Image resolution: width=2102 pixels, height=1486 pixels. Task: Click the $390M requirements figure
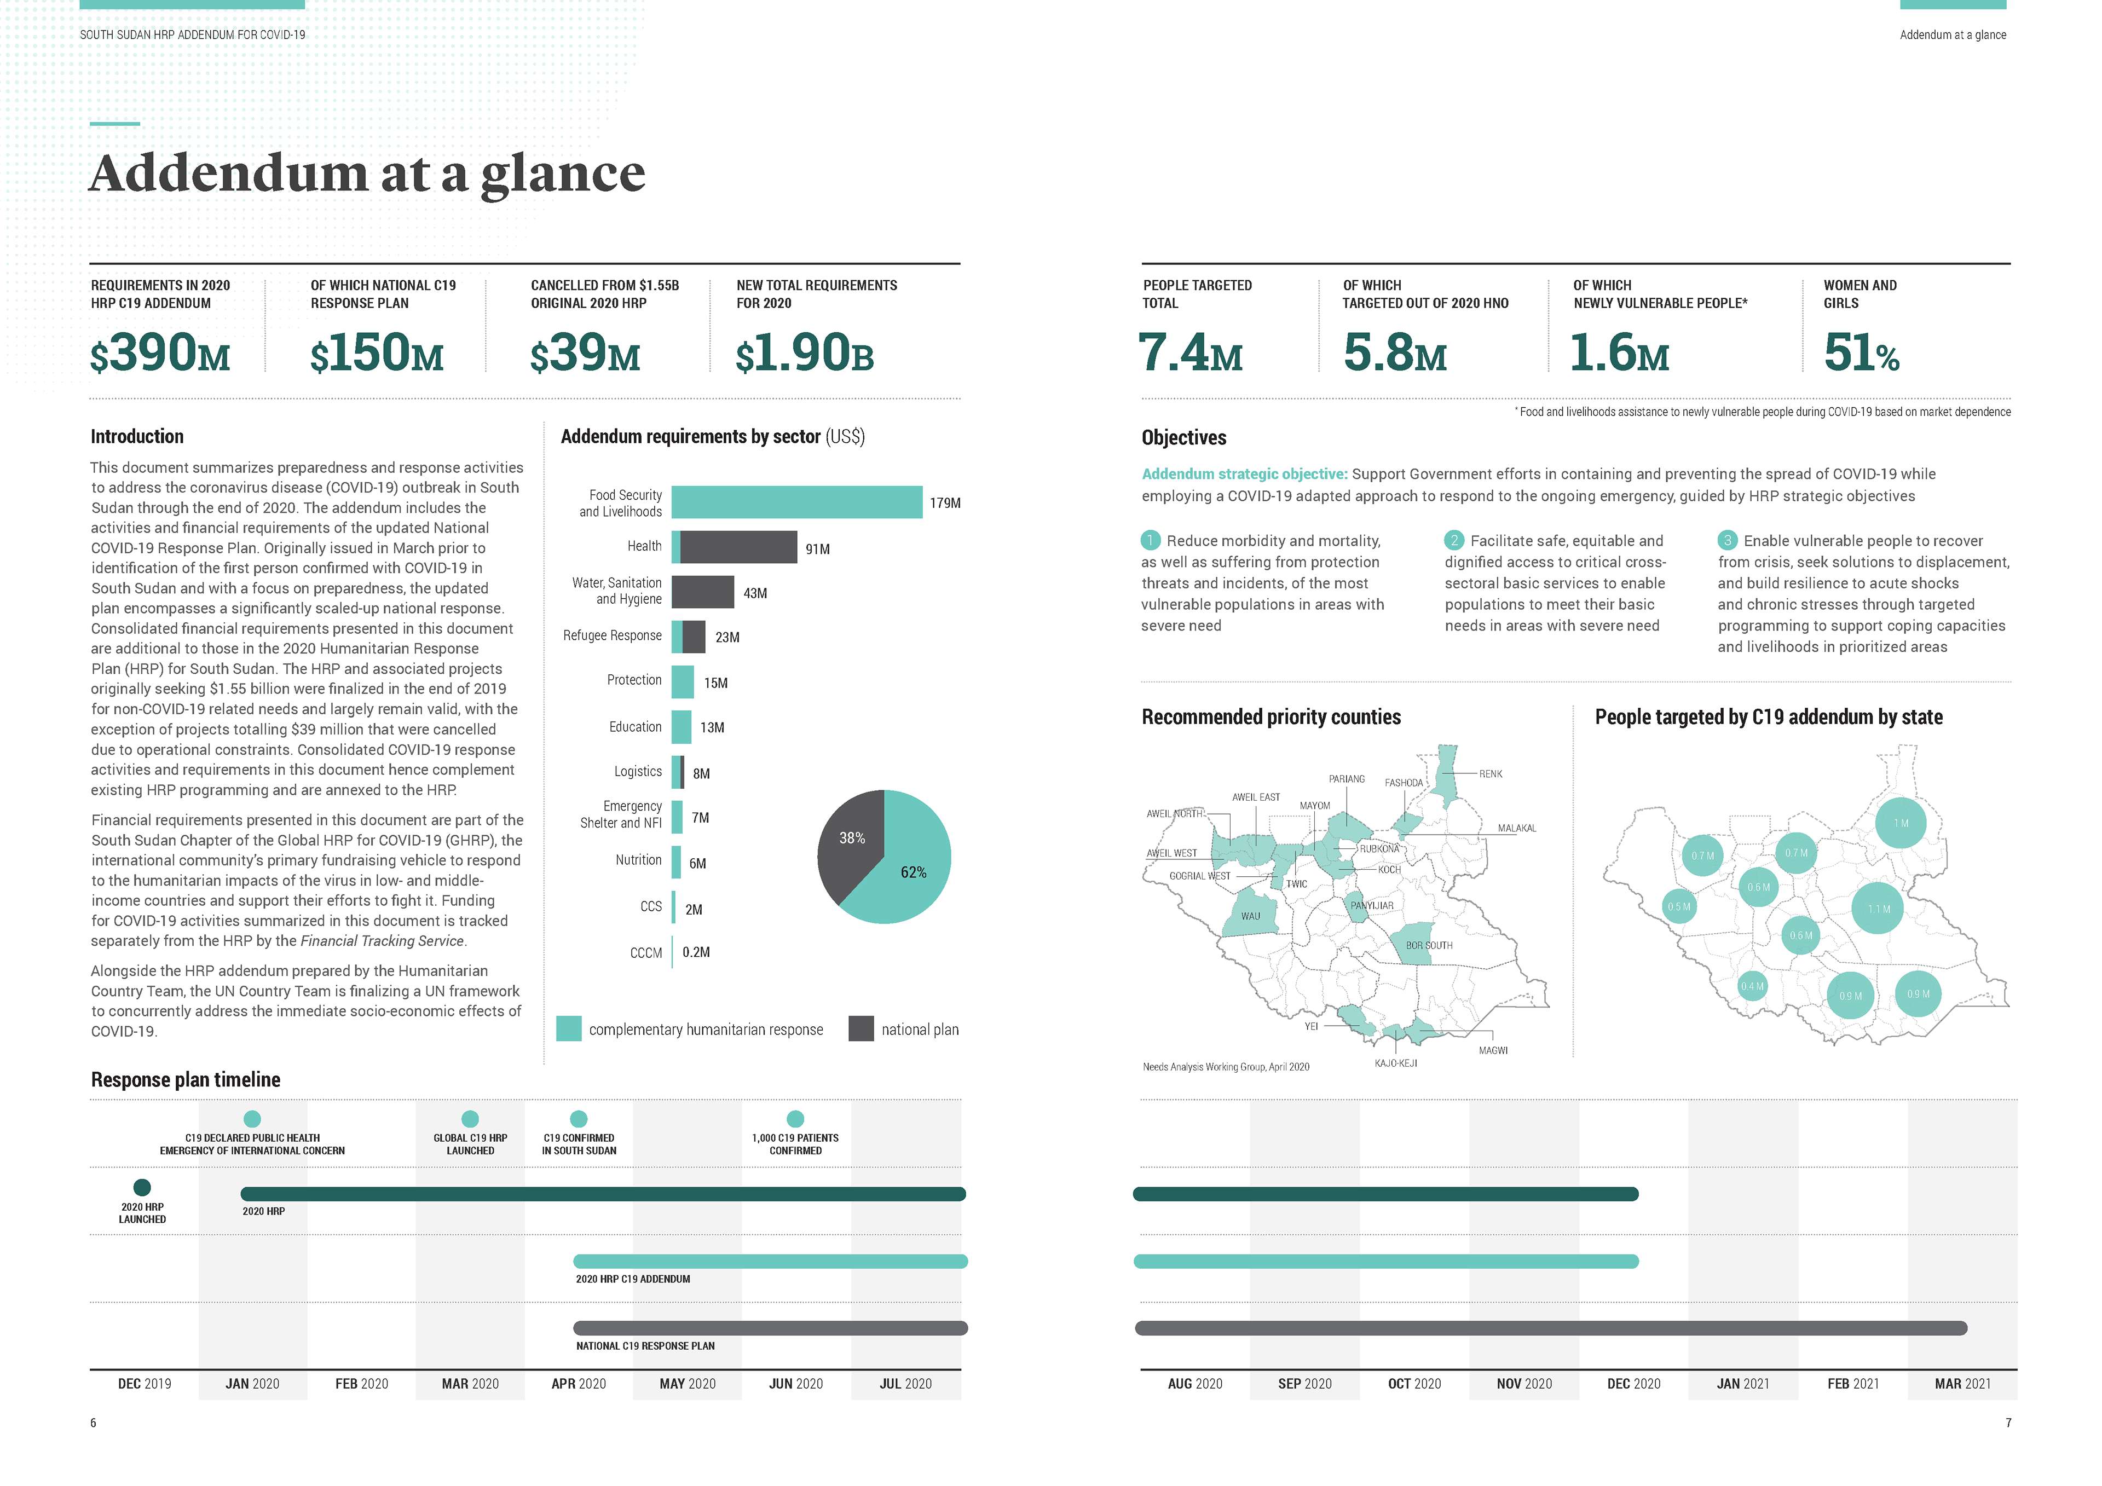160,354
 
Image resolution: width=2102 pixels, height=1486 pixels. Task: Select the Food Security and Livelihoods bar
796,502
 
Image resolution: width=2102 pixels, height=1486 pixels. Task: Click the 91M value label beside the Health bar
818,550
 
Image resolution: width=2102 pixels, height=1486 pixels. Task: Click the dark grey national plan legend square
861,1029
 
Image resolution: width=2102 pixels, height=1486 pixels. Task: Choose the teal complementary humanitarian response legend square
569,1029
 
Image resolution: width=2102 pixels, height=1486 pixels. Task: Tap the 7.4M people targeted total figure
1190,354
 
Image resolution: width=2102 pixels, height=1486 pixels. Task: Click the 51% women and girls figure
1861,354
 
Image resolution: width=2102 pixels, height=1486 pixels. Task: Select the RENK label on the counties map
1491,774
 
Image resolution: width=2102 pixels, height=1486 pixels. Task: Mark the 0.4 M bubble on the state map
1752,986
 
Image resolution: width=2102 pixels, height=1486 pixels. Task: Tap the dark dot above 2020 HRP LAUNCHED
142,1188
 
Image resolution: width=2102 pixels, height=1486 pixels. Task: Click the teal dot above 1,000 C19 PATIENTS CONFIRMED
795,1119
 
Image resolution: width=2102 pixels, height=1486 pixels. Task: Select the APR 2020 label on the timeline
579,1384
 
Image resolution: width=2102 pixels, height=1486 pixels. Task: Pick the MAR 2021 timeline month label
1962,1384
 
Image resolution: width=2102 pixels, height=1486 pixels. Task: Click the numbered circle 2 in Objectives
1454,540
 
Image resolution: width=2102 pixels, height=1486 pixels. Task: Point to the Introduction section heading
137,437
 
